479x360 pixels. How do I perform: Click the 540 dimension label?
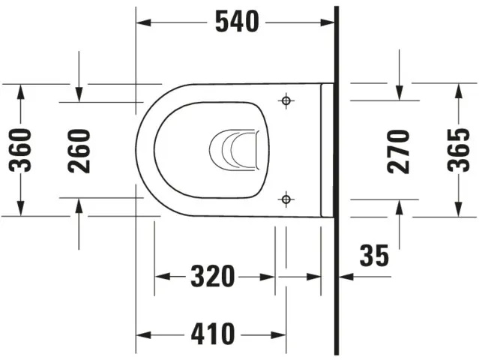point(237,22)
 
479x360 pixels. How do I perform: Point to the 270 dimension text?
point(399,150)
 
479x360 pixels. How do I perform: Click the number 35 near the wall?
point(374,256)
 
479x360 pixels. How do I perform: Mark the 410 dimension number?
point(213,332)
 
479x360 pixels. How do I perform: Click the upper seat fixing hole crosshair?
point(285,100)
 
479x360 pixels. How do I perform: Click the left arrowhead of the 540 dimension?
point(142,22)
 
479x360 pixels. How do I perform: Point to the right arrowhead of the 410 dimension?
point(279,332)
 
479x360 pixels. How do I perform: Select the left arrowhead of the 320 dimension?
point(160,276)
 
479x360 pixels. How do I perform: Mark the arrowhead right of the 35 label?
point(343,276)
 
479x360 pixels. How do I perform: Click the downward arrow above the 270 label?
point(399,93)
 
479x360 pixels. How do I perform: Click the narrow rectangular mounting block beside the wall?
point(327,150)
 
